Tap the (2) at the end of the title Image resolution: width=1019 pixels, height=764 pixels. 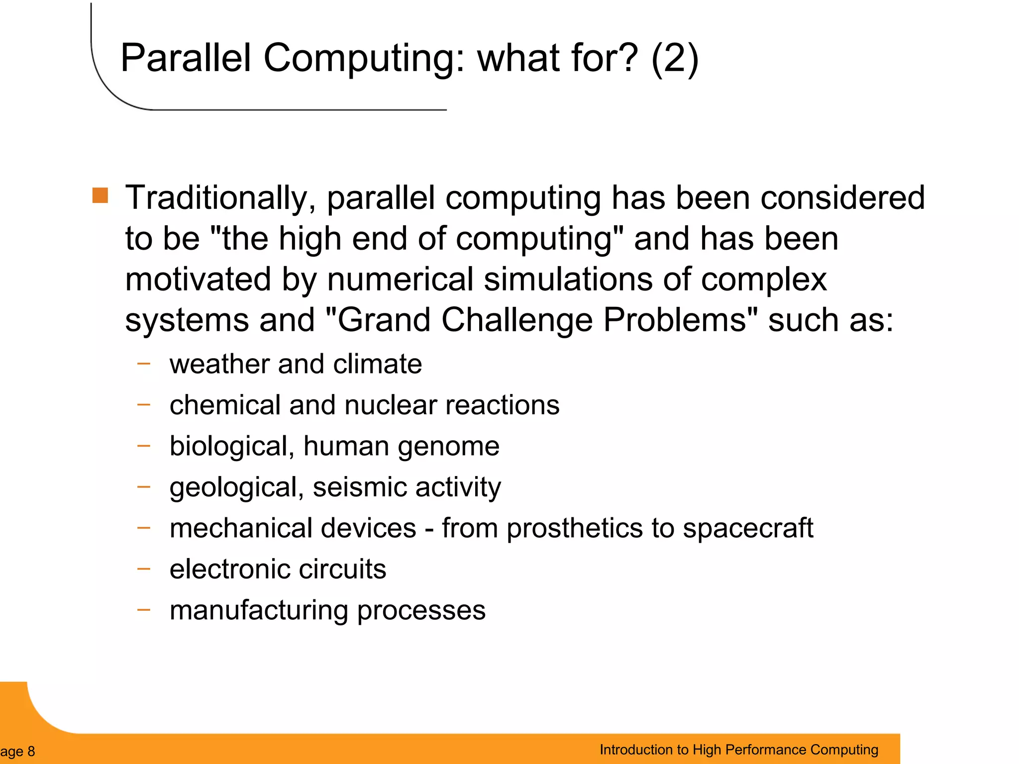click(x=675, y=59)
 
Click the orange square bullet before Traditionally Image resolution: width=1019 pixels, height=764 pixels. click(x=100, y=195)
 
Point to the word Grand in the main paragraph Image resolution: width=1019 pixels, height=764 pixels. click(x=383, y=319)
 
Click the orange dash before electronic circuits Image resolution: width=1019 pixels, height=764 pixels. click(x=144, y=568)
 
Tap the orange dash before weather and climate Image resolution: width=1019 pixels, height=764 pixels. click(x=144, y=364)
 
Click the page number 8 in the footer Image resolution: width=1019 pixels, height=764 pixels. click(x=31, y=751)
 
